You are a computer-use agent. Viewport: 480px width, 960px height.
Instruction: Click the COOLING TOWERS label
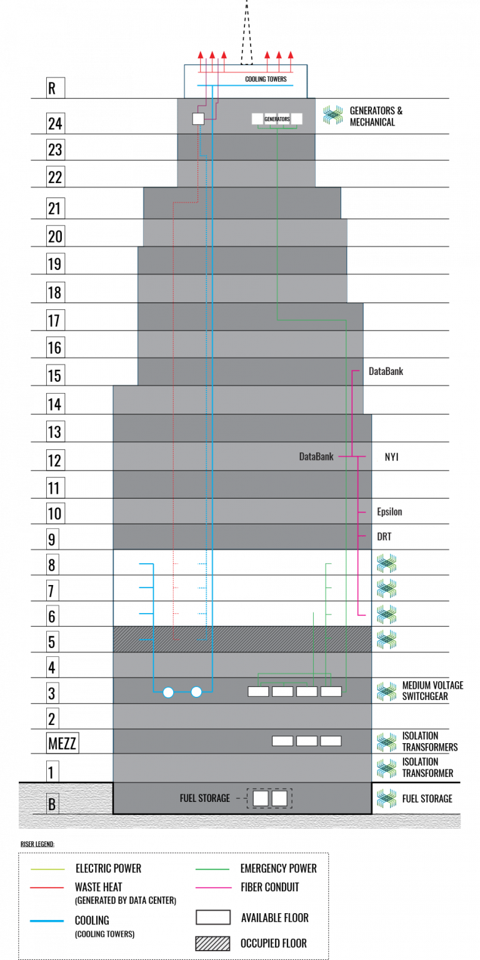click(266, 79)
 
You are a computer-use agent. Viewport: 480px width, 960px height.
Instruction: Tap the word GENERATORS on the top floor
click(277, 119)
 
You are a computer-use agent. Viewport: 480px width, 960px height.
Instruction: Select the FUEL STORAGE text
click(205, 798)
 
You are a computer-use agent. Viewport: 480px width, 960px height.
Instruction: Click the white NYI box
click(409, 457)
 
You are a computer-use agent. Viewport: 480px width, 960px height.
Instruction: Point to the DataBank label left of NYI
click(316, 457)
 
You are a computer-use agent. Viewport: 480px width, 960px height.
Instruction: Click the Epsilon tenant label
click(389, 512)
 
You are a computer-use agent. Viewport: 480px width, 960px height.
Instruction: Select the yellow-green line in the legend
click(47, 869)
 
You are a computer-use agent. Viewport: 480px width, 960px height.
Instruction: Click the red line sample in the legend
click(47, 887)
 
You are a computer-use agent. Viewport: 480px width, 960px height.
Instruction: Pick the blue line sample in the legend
click(47, 921)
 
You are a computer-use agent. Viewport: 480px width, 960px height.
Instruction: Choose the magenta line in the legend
click(213, 887)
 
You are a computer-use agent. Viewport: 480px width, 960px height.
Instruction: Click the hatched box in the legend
click(212, 943)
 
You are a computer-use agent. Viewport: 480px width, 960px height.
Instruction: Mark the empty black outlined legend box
click(212, 917)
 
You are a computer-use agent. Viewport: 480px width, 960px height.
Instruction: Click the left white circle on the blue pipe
click(168, 692)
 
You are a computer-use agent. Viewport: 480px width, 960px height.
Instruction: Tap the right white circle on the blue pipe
click(196, 692)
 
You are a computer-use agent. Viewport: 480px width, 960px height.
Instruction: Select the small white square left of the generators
click(198, 119)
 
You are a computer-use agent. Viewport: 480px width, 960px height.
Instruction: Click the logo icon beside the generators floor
click(332, 115)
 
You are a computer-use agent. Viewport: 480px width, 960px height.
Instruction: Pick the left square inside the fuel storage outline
click(261, 798)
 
